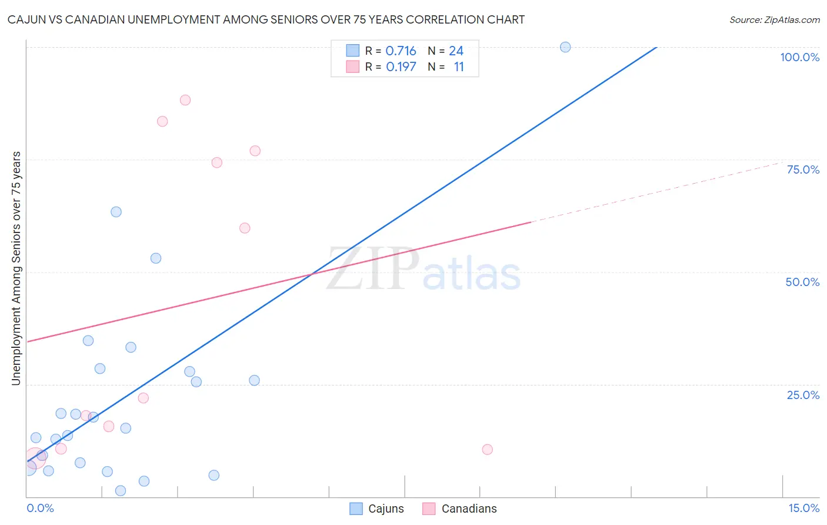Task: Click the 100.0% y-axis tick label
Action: (x=799, y=57)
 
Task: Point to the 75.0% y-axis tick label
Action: (x=803, y=170)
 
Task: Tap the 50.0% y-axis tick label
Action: (x=802, y=282)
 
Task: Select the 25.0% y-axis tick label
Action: (x=803, y=395)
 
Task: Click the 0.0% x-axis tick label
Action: (x=40, y=508)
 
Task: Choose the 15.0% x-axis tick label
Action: (x=803, y=508)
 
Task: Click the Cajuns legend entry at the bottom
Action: (x=377, y=509)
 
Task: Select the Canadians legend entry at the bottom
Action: (x=460, y=509)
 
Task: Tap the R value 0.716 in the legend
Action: (x=401, y=51)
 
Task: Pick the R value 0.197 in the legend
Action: (x=401, y=67)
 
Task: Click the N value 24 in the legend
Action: (x=456, y=51)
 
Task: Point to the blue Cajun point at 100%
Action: (x=565, y=47)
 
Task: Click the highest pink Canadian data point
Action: (x=185, y=100)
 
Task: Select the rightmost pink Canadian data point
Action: (x=487, y=450)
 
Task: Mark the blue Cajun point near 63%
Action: (x=116, y=212)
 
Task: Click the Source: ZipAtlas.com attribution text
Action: (x=774, y=20)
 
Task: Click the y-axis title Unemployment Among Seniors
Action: (x=16, y=268)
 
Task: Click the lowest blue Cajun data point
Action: (x=121, y=491)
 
